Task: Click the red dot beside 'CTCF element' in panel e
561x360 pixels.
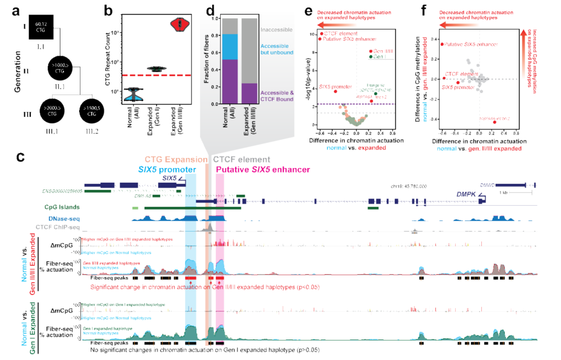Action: tap(322, 33)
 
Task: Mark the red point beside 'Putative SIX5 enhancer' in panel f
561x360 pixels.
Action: tap(443, 44)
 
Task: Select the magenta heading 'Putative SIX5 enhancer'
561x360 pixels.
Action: tap(263, 170)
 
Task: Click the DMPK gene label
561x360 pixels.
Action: tap(465, 194)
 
